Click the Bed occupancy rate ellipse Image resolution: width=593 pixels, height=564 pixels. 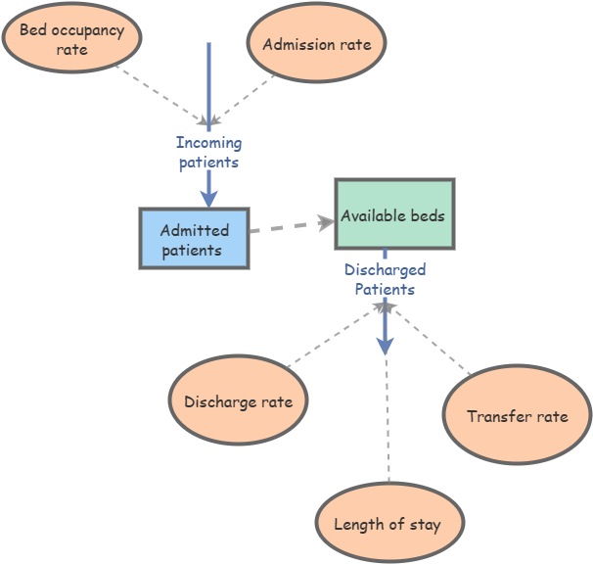click(71, 40)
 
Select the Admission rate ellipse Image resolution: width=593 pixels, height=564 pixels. click(316, 44)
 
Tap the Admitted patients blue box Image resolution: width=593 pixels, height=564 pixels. click(195, 239)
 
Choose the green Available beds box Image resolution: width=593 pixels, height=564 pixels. click(394, 214)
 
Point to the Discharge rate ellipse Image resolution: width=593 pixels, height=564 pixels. click(239, 401)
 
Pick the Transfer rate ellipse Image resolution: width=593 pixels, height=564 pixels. click(517, 416)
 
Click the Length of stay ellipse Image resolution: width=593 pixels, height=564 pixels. click(388, 524)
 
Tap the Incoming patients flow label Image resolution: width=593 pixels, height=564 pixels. click(208, 153)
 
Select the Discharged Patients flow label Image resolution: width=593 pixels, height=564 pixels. click(385, 279)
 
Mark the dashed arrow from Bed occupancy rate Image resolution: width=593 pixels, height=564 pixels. click(161, 95)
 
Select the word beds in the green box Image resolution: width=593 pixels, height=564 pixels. click(427, 215)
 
